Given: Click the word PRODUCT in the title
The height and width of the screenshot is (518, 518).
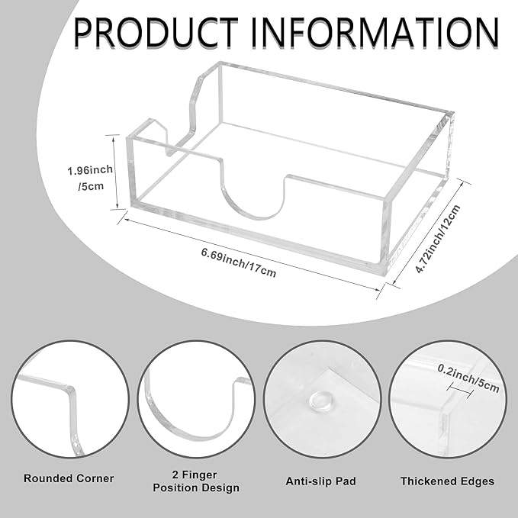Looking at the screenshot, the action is coord(156,32).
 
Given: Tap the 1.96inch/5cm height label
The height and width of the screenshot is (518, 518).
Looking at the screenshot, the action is coord(90,178).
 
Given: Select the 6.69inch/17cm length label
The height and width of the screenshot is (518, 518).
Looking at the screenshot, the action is coord(239,262).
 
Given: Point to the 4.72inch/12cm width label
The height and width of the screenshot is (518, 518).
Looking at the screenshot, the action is coord(437,239).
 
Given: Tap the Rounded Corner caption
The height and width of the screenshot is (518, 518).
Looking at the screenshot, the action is coord(69,478).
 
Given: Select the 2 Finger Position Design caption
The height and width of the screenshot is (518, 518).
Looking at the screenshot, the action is coord(196,481).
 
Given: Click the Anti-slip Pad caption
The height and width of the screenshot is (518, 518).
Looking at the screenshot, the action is coord(320,481).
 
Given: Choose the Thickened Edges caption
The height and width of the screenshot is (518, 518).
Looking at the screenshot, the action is coord(447,481).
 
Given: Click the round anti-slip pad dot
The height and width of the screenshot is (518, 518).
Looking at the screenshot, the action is coord(320,400).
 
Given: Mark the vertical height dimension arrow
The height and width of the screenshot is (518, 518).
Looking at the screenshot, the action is coord(114,172).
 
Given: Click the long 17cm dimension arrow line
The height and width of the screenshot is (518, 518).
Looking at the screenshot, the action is coord(252,254).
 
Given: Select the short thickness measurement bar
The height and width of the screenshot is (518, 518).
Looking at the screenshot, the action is coord(460,389).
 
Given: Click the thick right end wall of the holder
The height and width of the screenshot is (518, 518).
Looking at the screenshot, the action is coord(417,195).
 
